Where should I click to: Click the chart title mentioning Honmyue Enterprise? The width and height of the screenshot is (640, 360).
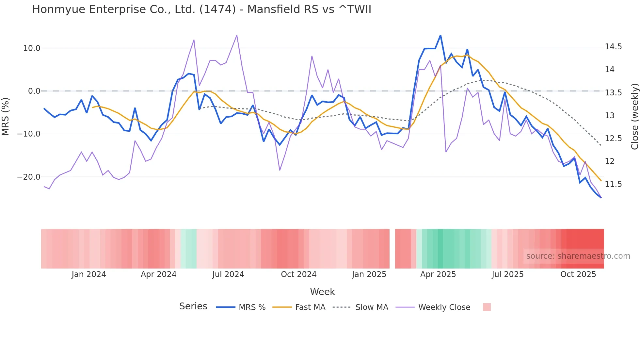point(201,9)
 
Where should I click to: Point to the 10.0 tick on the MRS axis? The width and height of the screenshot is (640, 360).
point(31,48)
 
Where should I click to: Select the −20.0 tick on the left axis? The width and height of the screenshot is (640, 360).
point(29,177)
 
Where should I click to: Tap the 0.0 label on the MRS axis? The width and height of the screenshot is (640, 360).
point(34,91)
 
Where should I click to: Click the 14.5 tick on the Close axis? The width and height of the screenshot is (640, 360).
point(613,47)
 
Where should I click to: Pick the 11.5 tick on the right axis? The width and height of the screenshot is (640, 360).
point(613,184)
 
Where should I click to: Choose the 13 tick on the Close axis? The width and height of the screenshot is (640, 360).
point(609,116)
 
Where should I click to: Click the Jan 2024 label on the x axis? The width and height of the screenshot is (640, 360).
point(89,274)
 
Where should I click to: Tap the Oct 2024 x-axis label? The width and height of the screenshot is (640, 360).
point(298,274)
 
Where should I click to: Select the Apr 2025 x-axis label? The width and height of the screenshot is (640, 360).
point(438,274)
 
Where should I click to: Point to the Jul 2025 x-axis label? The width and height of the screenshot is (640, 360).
point(507,274)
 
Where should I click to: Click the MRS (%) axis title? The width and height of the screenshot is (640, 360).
point(6,116)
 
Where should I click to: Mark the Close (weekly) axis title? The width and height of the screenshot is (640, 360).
point(634,116)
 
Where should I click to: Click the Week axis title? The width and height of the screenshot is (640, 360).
point(322,292)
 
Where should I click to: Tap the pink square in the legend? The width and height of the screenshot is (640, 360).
point(487,307)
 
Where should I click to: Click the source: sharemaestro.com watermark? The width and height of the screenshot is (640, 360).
point(578,256)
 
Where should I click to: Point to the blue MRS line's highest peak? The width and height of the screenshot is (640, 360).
point(440,36)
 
